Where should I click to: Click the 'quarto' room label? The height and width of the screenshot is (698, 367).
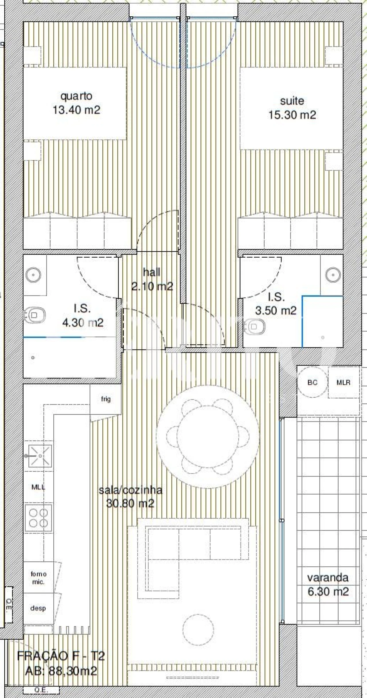76,96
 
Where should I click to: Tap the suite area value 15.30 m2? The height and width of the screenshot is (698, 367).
292,115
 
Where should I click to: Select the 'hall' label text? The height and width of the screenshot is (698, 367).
151,272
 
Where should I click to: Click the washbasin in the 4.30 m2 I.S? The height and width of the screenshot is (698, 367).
33,275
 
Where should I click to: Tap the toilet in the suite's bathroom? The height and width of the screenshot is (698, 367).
254,326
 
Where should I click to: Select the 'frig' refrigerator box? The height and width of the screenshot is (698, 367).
106,399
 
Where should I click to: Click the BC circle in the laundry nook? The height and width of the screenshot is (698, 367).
312,382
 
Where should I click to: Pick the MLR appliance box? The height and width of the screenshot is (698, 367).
343,382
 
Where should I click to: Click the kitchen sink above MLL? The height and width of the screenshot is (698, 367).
40,456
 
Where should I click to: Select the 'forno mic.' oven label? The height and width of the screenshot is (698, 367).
38,578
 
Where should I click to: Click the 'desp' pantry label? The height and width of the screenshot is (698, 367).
38,608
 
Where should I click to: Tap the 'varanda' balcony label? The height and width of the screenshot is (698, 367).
328,578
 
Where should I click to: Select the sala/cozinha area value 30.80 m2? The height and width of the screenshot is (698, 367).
130,503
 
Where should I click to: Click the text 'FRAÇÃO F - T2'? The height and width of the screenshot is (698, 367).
61,656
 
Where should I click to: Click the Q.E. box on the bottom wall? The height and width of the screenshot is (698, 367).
41,690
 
